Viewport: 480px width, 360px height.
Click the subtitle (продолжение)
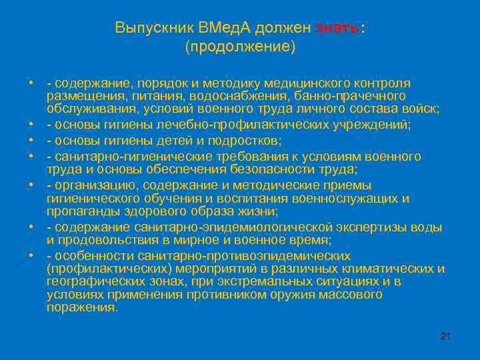pos(240,47)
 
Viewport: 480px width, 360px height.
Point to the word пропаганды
pos(79,213)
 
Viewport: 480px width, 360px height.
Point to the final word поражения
pos(81,307)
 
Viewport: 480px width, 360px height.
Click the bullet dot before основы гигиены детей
pos(31,140)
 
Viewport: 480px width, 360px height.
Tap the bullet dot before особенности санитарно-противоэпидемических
pos(31,256)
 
